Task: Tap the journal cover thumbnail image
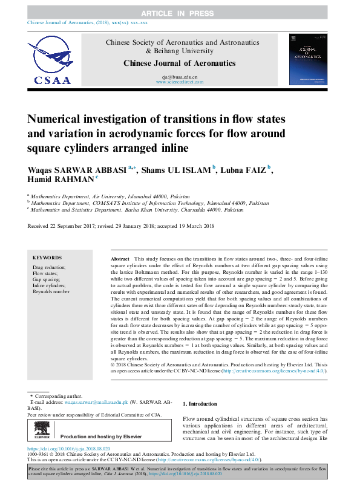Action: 309,59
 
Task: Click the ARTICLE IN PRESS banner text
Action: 179,13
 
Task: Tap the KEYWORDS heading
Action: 47,257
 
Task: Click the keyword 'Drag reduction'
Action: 49,267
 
